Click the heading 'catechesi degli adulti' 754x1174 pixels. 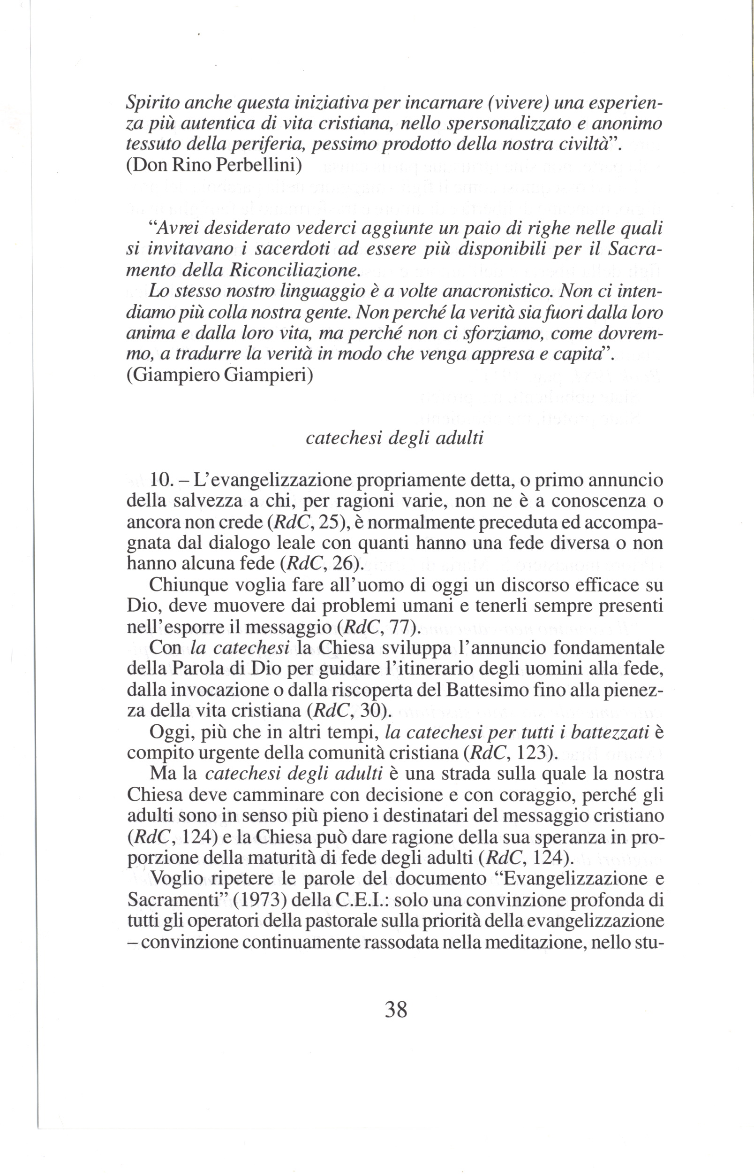click(394, 437)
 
